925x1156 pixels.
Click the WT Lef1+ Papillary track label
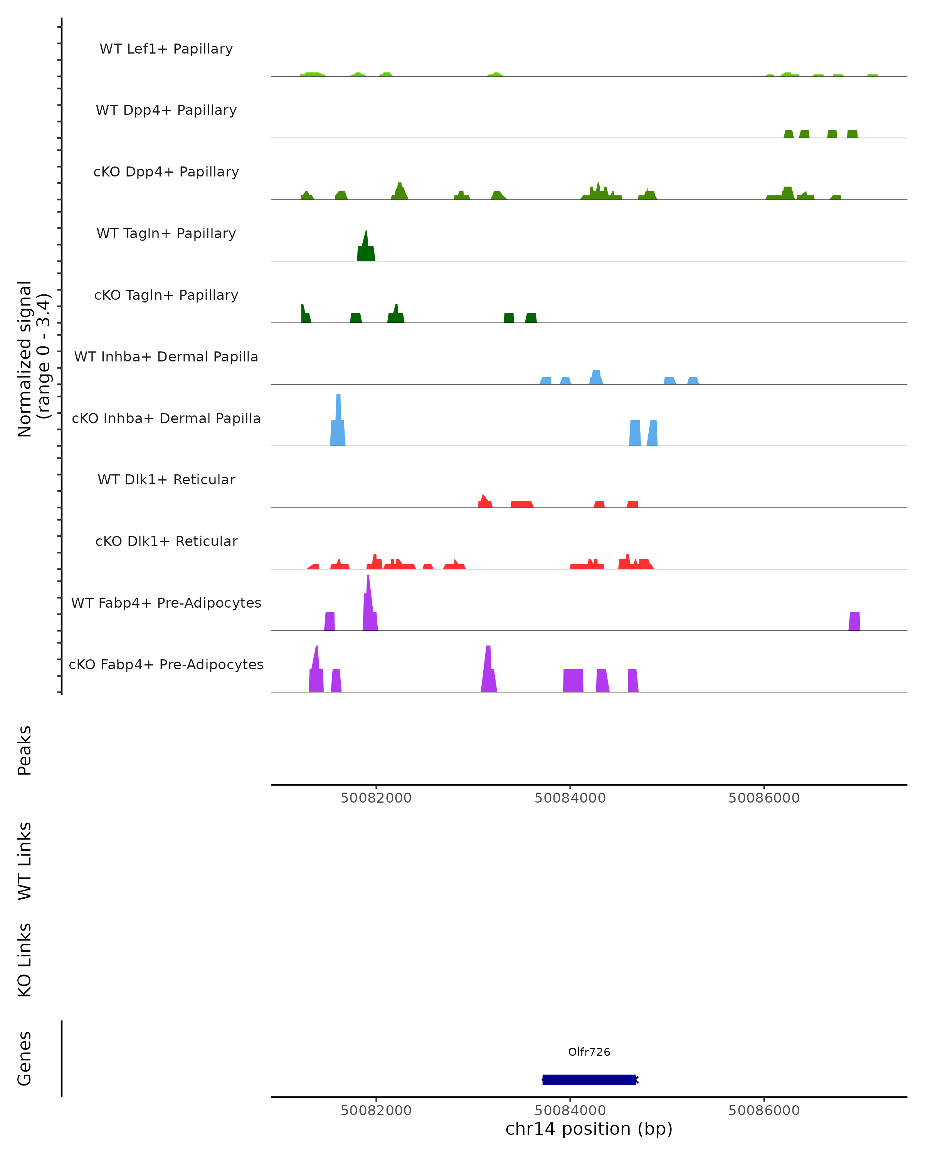tap(166, 49)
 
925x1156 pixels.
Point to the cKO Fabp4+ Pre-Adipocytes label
tap(166, 664)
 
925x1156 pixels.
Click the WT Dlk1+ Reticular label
tap(166, 480)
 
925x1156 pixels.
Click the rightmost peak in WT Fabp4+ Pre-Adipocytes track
tap(854, 622)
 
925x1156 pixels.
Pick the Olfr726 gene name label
tap(589, 1052)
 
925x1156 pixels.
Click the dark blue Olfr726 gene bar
tap(589, 1080)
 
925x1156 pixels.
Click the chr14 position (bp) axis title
tap(589, 1129)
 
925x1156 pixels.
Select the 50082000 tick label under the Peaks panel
tap(376, 798)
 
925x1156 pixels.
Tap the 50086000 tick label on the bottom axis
tap(764, 1111)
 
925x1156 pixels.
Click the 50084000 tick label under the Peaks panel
tap(570, 798)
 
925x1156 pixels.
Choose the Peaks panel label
tap(25, 751)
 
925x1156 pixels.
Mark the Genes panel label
tap(25, 1059)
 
